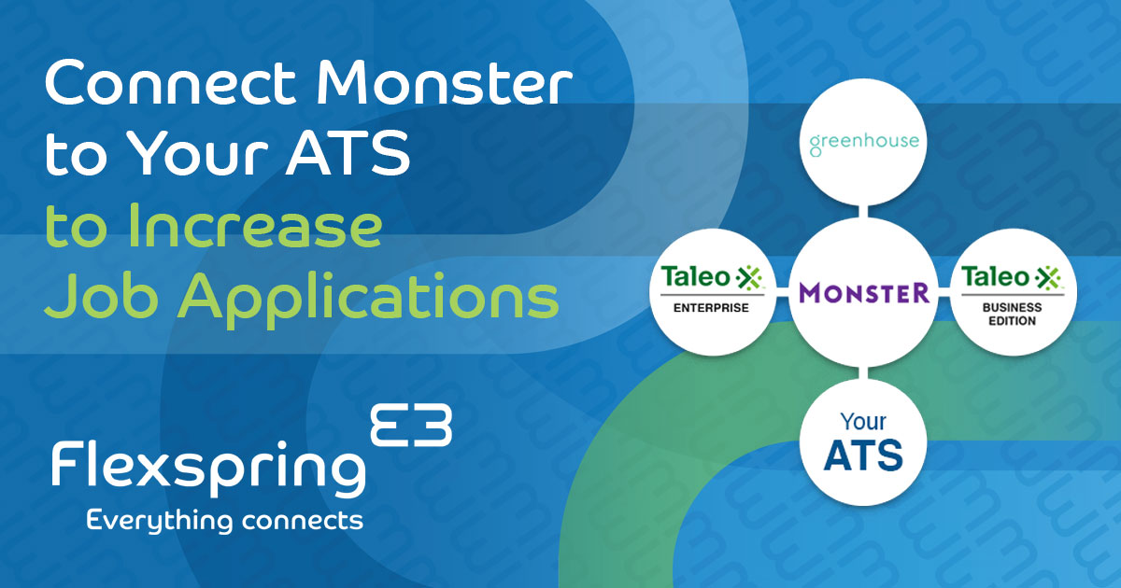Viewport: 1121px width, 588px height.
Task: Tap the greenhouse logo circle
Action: pyautogui.click(x=864, y=143)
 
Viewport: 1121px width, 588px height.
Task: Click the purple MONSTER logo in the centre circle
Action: pyautogui.click(x=864, y=293)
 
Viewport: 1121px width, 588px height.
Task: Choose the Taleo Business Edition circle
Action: pyautogui.click(x=1015, y=293)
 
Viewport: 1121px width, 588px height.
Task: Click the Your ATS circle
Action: pyautogui.click(x=864, y=442)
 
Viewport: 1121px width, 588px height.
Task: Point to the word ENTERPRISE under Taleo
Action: pyautogui.click(x=713, y=308)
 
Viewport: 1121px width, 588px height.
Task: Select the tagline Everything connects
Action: pyautogui.click(x=224, y=520)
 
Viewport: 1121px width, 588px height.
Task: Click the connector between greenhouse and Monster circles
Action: pyautogui.click(x=864, y=211)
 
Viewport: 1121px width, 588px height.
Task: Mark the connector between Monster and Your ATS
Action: pyautogui.click(x=864, y=373)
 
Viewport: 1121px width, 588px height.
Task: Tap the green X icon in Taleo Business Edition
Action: pyautogui.click(x=1049, y=277)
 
